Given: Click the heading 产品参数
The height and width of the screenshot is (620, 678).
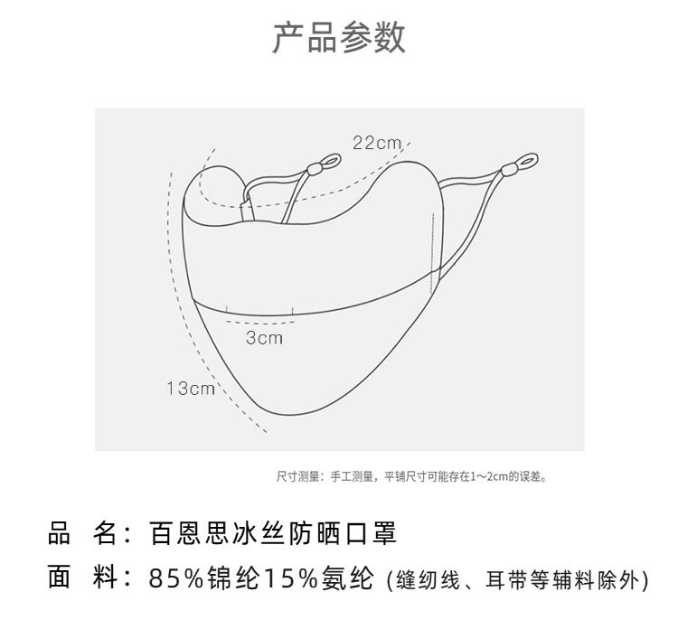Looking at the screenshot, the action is (x=339, y=38).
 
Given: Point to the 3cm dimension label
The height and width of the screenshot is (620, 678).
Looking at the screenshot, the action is (x=264, y=337).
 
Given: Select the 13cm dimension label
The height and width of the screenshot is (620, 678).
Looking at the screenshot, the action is (x=190, y=389).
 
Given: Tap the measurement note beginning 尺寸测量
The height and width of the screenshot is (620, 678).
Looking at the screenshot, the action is (x=410, y=476).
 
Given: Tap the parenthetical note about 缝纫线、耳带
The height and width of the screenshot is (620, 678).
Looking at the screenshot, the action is (x=516, y=579).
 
